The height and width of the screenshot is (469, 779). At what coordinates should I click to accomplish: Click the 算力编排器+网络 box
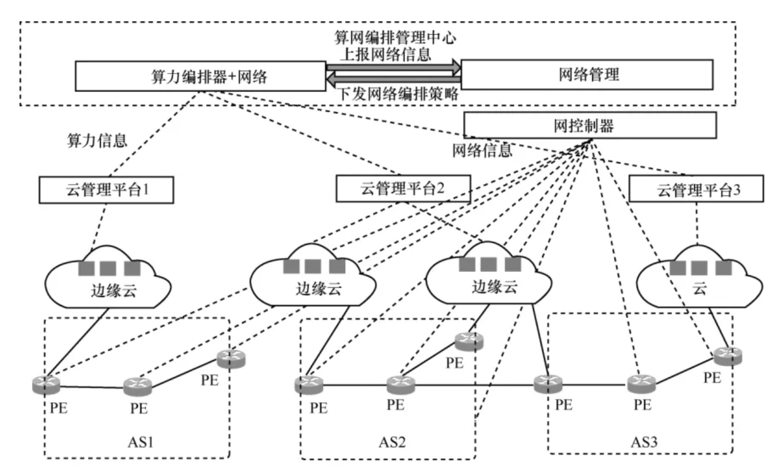(x=200, y=76)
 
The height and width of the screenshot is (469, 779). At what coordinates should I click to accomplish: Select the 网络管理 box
(x=587, y=74)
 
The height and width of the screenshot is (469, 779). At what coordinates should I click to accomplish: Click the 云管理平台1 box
(x=105, y=189)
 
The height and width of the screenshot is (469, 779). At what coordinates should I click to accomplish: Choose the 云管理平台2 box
(x=403, y=188)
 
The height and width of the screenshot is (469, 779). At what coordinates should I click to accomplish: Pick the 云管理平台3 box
(x=696, y=189)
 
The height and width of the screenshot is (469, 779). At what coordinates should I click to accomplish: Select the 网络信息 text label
(x=482, y=150)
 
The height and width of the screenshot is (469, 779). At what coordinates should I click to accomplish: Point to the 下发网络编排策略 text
(x=399, y=95)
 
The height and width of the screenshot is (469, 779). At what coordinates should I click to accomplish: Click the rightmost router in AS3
(x=728, y=356)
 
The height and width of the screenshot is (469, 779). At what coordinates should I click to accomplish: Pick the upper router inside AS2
(x=469, y=340)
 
